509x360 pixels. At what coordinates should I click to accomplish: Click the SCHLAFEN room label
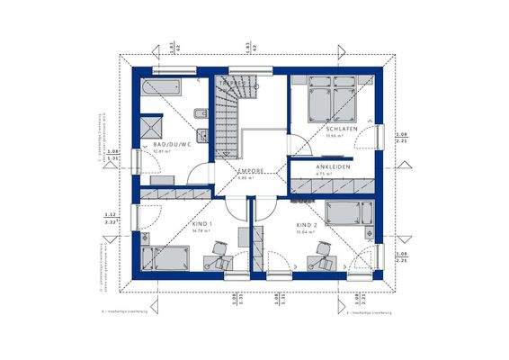pos(343,130)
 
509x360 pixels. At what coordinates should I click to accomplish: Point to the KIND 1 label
pos(203,224)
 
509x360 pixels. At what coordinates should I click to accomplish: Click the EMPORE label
pos(249,170)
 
